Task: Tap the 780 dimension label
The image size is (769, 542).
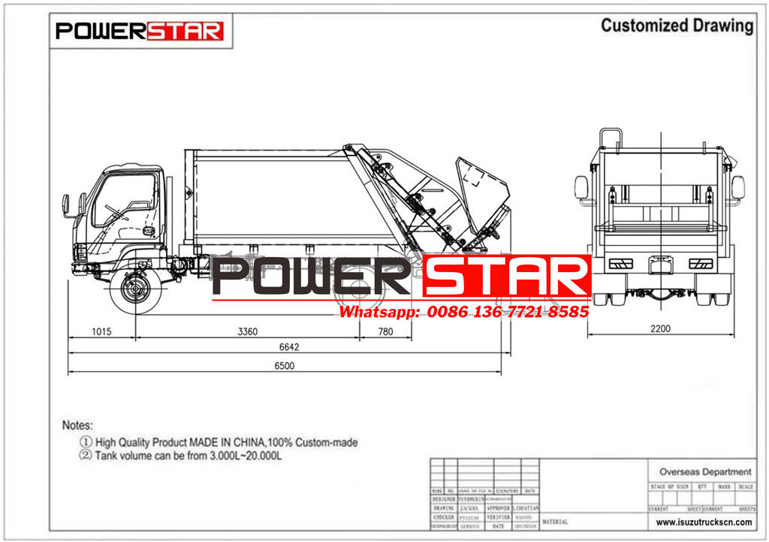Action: pos(384,330)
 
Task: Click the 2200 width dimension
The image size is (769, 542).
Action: pos(661,329)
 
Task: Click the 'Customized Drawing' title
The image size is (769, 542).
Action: pos(677,26)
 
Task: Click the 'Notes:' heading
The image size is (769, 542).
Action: pos(77,425)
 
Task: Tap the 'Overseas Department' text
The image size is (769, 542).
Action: pos(704,471)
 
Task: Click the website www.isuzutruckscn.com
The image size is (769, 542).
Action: pos(704,522)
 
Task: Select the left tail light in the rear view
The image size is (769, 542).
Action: pos(620,263)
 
